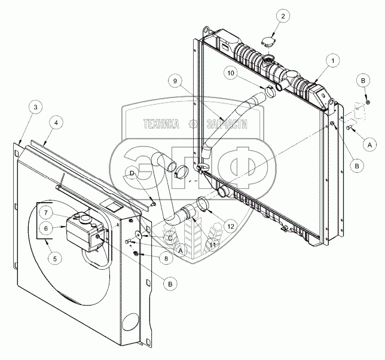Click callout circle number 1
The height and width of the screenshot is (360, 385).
(x=331, y=60)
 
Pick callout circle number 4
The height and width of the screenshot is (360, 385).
(x=56, y=123)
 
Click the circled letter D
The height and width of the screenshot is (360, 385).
(x=132, y=174)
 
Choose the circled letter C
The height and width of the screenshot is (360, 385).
(x=169, y=238)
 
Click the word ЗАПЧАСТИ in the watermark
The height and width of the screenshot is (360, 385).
(x=227, y=124)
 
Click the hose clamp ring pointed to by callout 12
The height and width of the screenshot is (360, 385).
(x=202, y=205)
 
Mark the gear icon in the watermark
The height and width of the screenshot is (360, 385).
(x=192, y=124)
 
